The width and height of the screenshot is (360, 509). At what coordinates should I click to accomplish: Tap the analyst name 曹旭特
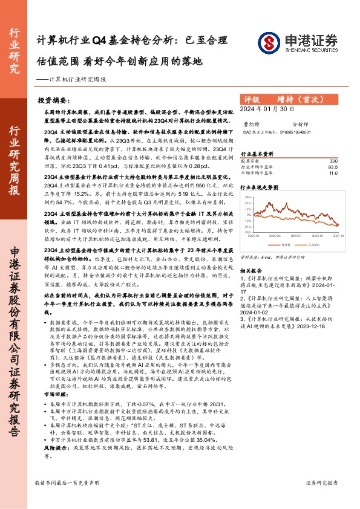tap(252, 122)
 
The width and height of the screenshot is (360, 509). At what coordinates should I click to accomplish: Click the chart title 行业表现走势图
tap(261, 188)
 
